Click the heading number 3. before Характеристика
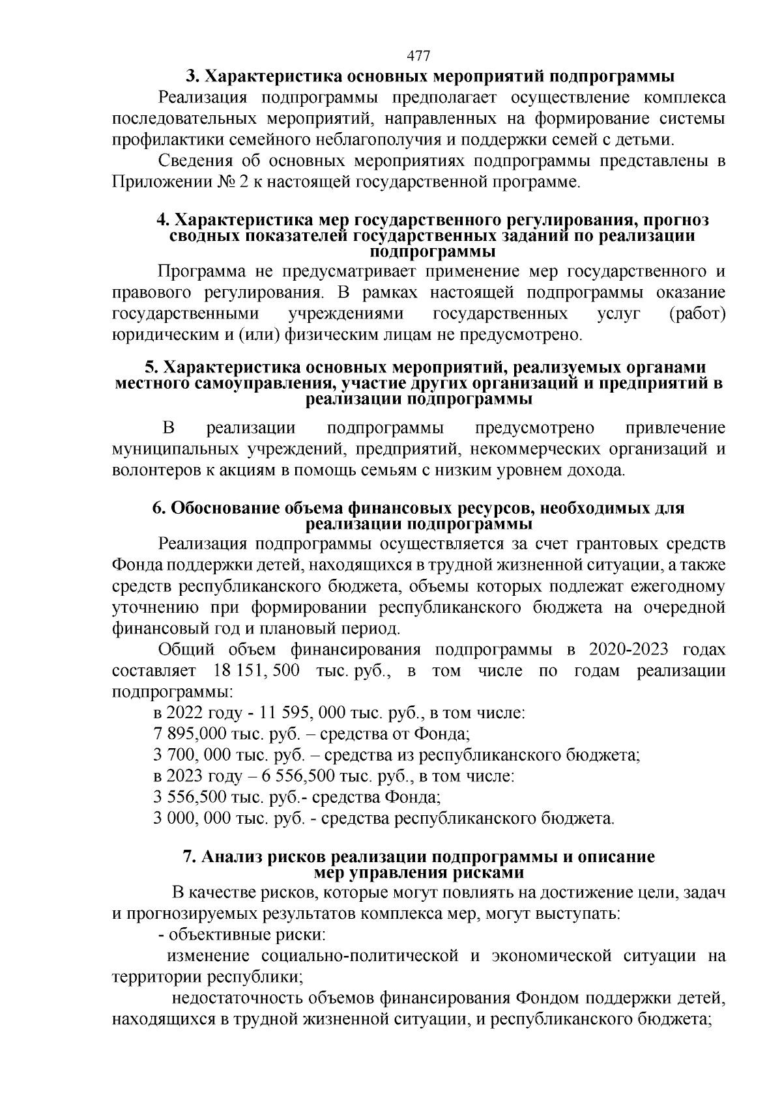[192, 77]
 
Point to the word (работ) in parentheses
[698, 314]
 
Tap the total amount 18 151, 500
[256, 671]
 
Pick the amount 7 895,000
[190, 734]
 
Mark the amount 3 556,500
[190, 796]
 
